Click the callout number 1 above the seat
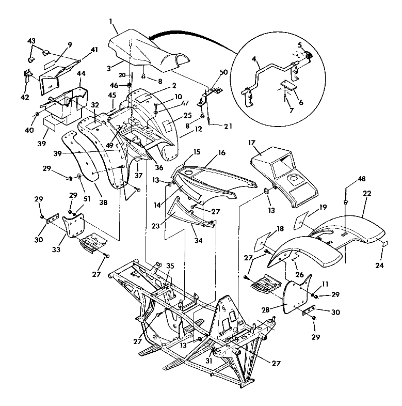tap(111, 22)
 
